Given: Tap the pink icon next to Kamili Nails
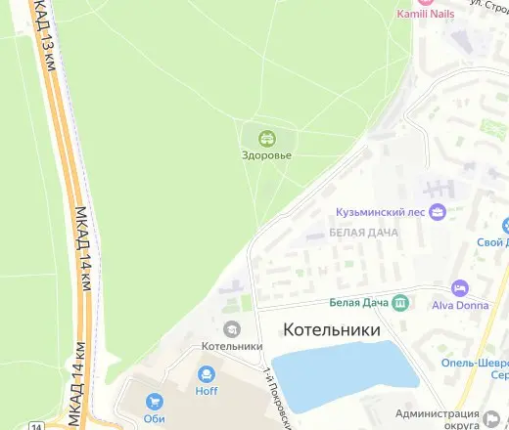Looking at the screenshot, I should [x=401, y=2].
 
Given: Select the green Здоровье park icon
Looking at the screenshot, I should [x=266, y=138].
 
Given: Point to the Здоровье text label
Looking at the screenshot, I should [x=266, y=154].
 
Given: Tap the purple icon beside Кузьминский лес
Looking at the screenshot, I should [x=438, y=211].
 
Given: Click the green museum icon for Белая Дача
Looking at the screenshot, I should [x=400, y=303].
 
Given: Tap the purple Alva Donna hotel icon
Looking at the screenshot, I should [x=459, y=288].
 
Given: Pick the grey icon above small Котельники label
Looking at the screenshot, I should [x=232, y=328].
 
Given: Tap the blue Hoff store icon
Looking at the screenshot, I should [x=207, y=374].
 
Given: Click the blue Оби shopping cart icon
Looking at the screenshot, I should [x=154, y=401].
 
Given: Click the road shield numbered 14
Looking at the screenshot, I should [x=36, y=425].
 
